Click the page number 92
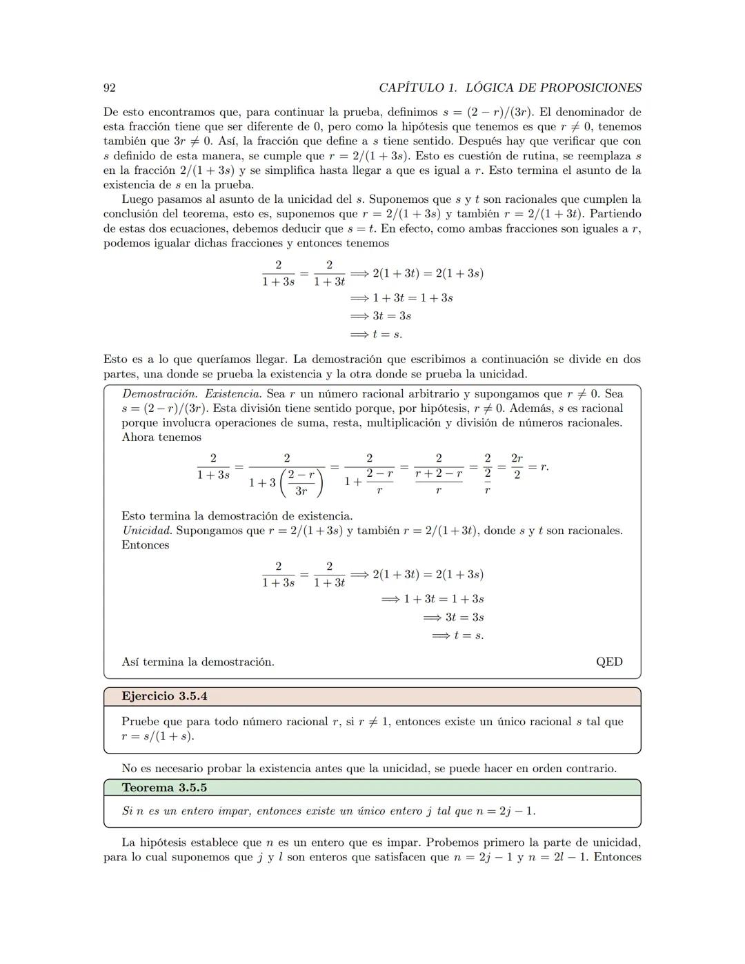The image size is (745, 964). [x=109, y=88]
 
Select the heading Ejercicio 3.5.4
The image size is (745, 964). [x=164, y=696]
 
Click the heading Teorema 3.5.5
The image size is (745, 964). [x=164, y=787]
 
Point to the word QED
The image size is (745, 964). [x=609, y=662]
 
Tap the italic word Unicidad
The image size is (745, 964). [x=147, y=531]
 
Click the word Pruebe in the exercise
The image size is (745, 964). [x=141, y=722]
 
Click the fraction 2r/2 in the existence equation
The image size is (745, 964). [x=517, y=466]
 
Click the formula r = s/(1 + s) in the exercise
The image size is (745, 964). [x=158, y=736]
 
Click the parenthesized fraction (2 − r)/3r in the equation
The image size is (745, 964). [x=301, y=483]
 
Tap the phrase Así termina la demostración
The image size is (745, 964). [x=198, y=662]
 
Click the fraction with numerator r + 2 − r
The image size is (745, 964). [x=439, y=474]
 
